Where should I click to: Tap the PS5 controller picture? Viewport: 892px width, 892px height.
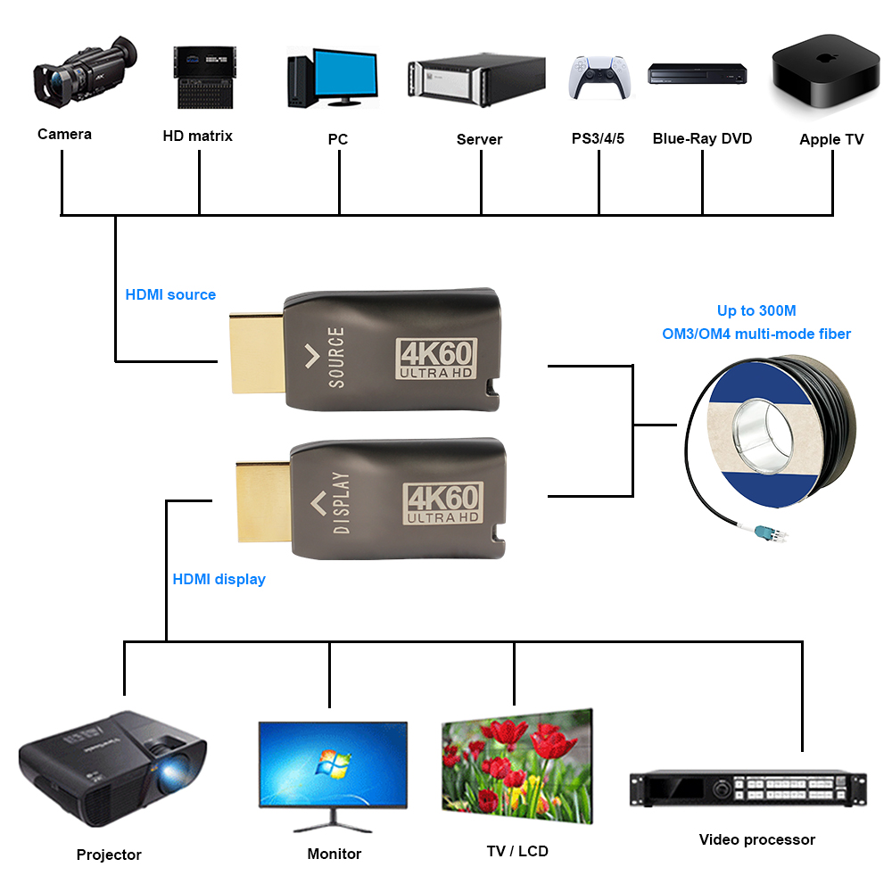click(x=599, y=77)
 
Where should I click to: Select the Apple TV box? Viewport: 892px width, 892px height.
click(x=825, y=71)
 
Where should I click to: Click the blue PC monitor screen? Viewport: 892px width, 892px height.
click(x=345, y=73)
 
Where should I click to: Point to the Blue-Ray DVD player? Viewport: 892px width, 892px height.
click(x=697, y=74)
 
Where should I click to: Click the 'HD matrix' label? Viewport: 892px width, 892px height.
click(x=197, y=136)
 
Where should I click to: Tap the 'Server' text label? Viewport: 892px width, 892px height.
click(x=479, y=139)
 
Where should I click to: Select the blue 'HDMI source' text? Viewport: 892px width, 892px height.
click(x=170, y=294)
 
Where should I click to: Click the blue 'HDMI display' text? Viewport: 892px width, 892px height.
click(x=219, y=579)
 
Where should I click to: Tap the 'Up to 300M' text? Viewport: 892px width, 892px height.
click(x=756, y=310)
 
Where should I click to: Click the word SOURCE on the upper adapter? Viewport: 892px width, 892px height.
click(x=336, y=358)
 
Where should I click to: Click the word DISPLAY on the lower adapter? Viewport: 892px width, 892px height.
click(x=341, y=503)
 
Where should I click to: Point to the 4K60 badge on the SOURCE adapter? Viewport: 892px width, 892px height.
click(x=436, y=359)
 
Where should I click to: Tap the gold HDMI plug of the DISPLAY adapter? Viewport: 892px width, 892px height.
click(x=263, y=501)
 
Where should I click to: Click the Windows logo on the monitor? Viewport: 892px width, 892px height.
click(x=334, y=764)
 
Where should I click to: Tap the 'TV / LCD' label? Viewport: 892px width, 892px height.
click(x=517, y=851)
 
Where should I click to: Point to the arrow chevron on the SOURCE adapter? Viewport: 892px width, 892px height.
click(x=311, y=356)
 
